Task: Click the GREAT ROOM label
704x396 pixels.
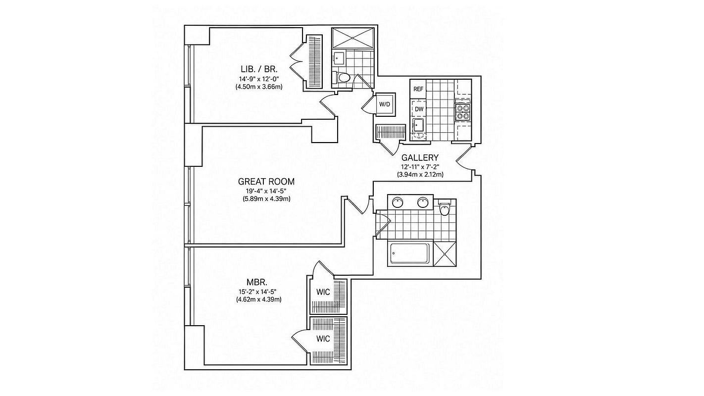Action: (266, 182)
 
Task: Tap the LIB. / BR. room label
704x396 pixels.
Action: (259, 69)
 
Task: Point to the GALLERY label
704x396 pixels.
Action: (420, 157)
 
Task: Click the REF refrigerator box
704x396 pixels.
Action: (418, 89)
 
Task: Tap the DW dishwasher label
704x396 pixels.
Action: (419, 109)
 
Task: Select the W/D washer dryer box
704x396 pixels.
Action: (384, 104)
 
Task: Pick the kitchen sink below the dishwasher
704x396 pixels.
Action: (418, 126)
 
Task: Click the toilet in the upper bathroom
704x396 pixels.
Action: (341, 77)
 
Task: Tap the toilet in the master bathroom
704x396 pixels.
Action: (445, 208)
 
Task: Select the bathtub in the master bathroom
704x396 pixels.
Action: (410, 254)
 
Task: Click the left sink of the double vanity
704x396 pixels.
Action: (398, 202)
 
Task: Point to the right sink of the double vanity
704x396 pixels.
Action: (423, 202)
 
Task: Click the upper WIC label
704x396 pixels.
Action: (323, 292)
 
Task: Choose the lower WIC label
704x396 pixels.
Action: (323, 339)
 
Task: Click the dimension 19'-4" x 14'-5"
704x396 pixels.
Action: (266, 191)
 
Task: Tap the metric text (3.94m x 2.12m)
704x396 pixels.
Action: (420, 175)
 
